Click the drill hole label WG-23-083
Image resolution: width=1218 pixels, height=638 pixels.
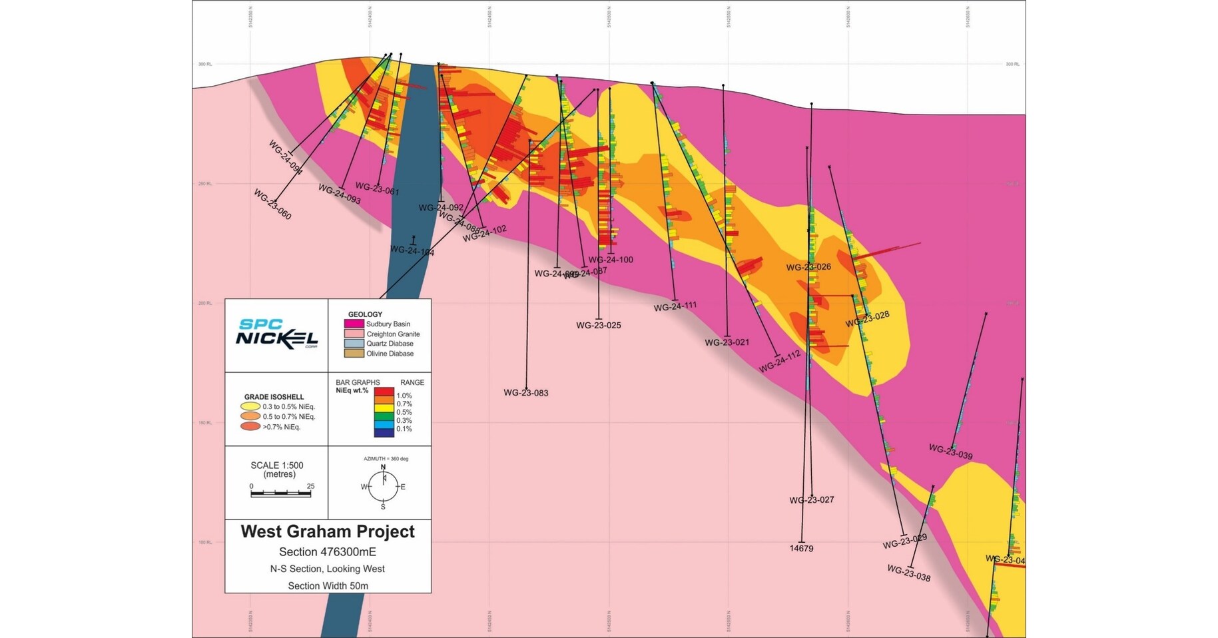525,393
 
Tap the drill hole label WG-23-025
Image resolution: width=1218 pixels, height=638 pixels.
598,326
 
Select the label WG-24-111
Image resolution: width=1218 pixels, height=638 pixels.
675,306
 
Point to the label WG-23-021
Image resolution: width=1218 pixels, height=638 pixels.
727,342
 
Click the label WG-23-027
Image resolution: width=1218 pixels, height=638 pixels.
811,499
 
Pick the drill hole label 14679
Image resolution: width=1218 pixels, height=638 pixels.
801,549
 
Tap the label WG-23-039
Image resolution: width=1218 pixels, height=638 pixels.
950,452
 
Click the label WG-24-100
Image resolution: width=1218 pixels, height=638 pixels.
611,260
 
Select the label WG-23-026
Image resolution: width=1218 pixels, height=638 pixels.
808,267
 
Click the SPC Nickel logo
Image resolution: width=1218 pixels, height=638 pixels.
276,334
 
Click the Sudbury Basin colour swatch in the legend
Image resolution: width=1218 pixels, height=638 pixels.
354,324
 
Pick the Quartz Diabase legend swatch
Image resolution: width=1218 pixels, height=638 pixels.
354,344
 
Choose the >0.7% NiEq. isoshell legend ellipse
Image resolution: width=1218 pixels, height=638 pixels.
250,427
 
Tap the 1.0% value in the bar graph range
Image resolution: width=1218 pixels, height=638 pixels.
404,396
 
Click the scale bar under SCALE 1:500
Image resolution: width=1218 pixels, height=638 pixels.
281,493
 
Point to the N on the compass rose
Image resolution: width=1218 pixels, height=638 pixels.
383,467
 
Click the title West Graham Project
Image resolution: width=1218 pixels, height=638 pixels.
328,531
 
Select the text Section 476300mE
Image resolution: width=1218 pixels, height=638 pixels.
328,552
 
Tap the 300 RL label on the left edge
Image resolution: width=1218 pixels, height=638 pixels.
204,64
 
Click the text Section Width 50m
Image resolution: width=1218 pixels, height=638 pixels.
328,586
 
